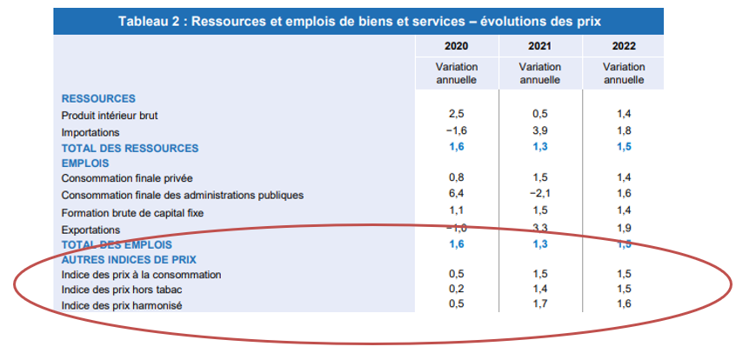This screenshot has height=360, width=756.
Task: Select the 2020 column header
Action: tap(456, 46)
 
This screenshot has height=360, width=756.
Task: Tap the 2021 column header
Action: tap(539, 46)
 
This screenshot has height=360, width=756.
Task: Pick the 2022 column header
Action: tap(623, 46)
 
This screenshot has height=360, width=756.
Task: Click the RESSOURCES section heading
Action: tap(98, 98)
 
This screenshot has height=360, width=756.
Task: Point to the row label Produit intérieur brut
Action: tap(110, 115)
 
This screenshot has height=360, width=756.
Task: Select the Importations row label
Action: tap(90, 132)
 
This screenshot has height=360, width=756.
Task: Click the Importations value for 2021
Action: tap(539, 132)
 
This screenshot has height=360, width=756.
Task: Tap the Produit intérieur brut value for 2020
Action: tap(456, 115)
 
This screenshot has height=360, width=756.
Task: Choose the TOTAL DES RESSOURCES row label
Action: tap(130, 148)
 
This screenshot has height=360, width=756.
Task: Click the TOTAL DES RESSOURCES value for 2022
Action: tap(623, 148)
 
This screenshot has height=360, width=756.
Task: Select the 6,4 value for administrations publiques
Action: tap(456, 195)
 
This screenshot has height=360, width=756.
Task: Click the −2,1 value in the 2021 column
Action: tap(539, 195)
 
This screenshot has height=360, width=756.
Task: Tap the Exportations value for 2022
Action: tap(623, 229)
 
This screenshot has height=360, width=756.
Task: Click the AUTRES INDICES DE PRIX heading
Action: tap(129, 259)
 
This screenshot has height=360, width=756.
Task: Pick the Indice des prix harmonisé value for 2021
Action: tap(539, 304)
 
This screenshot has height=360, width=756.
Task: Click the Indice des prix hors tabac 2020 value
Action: tap(456, 289)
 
